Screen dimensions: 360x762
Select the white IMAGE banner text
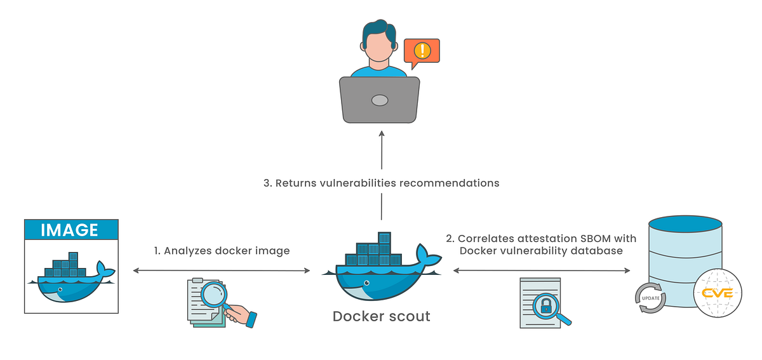click(x=70, y=230)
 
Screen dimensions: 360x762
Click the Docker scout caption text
click(x=381, y=316)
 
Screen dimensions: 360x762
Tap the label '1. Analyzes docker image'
click(x=222, y=251)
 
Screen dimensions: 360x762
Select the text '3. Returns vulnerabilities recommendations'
click(x=381, y=183)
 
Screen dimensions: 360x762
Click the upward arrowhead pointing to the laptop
click(x=381, y=134)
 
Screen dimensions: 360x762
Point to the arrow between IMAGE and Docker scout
click(x=222, y=270)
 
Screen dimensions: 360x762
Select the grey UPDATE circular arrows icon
click(x=650, y=298)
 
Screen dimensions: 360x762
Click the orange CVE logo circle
click(x=718, y=293)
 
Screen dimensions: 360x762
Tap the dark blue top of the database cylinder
click(x=685, y=224)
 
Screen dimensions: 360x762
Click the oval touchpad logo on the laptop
click(x=380, y=100)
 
